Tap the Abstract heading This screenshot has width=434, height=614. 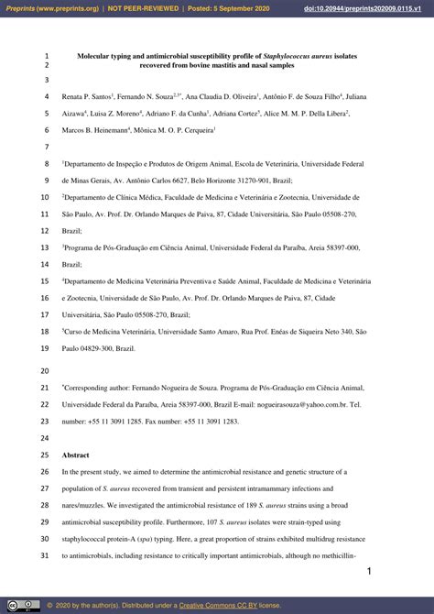click(x=76, y=455)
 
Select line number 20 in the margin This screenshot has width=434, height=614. click(x=45, y=372)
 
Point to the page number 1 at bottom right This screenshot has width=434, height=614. click(x=369, y=572)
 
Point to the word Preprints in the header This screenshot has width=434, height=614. click(x=22, y=8)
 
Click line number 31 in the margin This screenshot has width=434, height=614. click(x=45, y=556)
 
